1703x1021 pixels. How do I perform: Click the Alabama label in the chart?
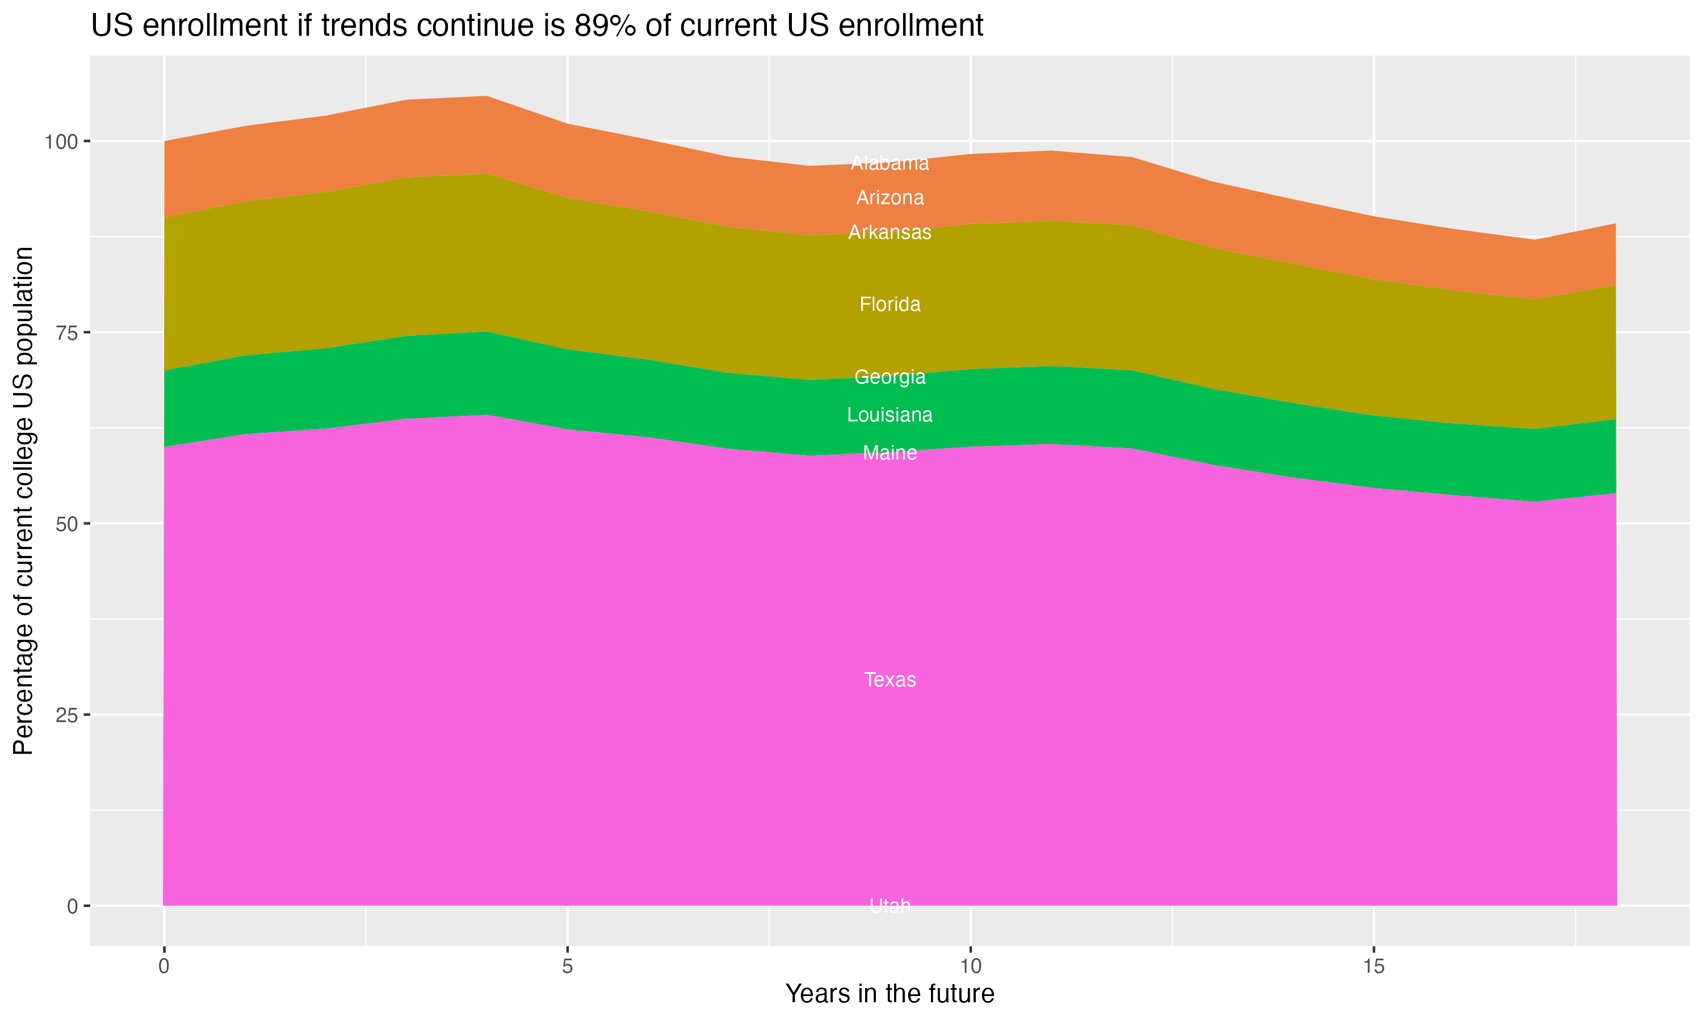(890, 163)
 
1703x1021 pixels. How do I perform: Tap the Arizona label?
(890, 198)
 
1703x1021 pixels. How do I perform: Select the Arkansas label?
(890, 233)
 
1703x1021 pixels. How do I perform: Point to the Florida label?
(890, 304)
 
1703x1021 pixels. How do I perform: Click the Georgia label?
(890, 377)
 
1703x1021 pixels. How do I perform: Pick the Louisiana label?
(890, 415)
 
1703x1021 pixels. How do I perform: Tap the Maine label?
(890, 453)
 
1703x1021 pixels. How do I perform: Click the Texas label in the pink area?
(890, 680)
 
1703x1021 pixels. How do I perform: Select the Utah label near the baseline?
(890, 906)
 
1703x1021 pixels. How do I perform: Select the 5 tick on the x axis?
(567, 967)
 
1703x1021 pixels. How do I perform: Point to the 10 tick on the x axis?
(970, 967)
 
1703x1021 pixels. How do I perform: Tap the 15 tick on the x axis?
(1373, 967)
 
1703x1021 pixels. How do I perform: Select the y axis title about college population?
(23, 500)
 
